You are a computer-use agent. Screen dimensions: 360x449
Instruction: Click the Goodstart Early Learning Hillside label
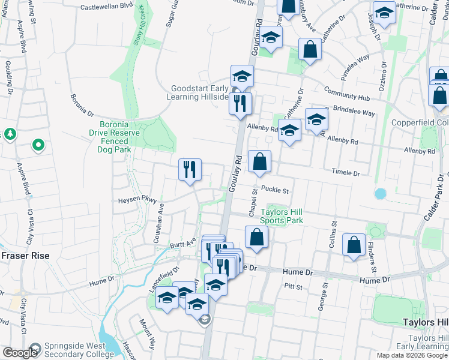tap(200, 92)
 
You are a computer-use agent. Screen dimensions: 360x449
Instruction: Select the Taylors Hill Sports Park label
tap(281, 216)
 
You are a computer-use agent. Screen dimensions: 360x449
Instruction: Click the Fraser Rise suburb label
tap(25, 255)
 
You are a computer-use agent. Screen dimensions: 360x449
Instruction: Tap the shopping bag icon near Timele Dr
tap(260, 162)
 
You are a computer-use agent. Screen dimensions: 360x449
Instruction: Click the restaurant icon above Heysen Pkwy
tap(189, 170)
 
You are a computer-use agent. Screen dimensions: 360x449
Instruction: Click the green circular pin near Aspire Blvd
tap(38, 145)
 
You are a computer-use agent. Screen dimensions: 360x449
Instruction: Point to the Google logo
tap(20, 353)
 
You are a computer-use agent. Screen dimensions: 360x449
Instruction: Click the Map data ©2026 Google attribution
tap(411, 355)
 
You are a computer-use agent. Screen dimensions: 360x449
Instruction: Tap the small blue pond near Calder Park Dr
tap(379, 194)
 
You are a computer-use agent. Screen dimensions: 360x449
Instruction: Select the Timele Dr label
tap(346, 173)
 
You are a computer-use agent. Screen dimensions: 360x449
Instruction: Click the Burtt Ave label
tap(183, 244)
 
